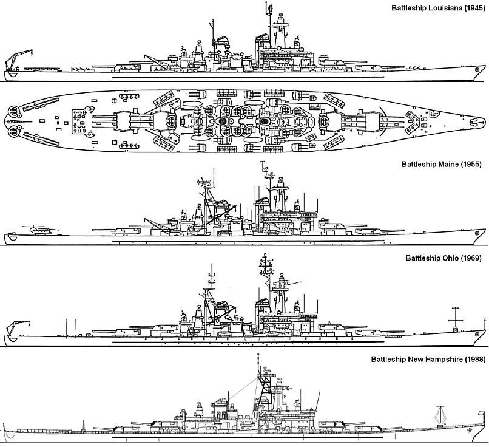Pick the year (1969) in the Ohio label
tap(471, 258)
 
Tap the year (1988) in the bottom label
tap(475, 360)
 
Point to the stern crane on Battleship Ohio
tap(16, 330)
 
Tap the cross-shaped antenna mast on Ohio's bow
tap(455, 320)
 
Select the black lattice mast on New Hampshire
tap(264, 387)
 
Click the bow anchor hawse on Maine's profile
tap(476, 233)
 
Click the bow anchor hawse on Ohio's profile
tap(476, 334)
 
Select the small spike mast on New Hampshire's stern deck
tap(83, 426)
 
